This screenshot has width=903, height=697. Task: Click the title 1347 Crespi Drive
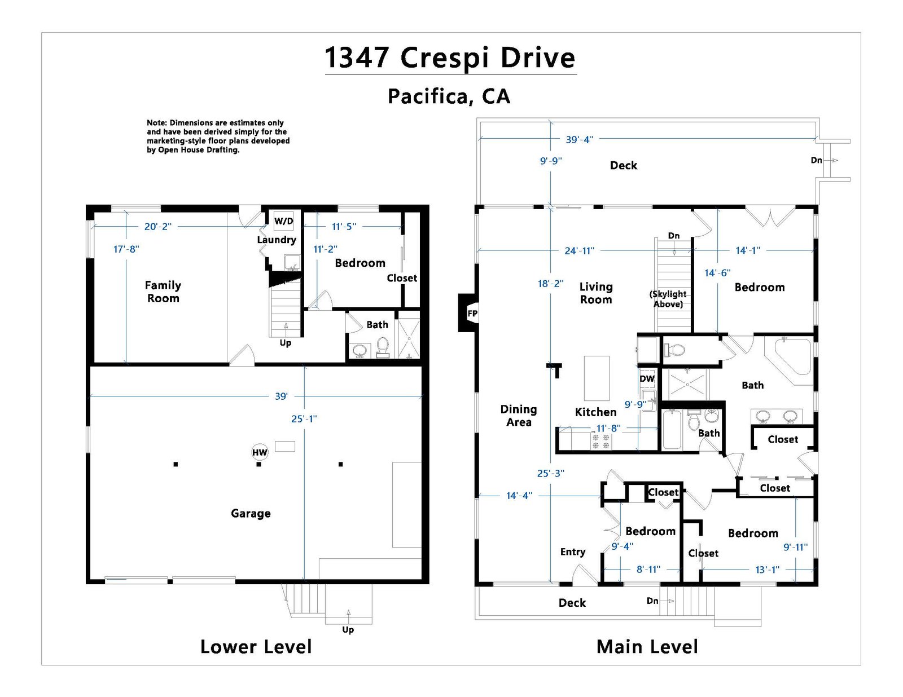point(450,58)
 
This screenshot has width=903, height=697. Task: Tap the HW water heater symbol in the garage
point(260,452)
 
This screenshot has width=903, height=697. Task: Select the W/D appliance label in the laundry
point(284,221)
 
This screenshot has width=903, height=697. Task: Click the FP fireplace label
point(472,314)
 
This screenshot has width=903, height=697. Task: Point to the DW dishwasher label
point(647,379)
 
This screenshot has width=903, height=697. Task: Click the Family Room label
point(163,292)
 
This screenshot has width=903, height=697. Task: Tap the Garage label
point(251,513)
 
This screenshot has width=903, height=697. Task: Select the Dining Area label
point(519,416)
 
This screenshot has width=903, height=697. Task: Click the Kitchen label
point(595,412)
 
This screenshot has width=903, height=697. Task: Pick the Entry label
point(573,552)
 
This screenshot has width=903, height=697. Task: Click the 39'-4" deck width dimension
point(579,139)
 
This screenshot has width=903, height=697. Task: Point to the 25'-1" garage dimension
point(304,419)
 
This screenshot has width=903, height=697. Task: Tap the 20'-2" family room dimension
point(158,227)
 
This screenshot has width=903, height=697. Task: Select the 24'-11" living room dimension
point(580,250)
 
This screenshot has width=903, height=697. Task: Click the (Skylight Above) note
point(668,299)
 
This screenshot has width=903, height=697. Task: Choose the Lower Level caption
point(256,647)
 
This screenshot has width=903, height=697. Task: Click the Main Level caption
point(647,647)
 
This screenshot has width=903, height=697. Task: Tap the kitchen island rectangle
point(597,378)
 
